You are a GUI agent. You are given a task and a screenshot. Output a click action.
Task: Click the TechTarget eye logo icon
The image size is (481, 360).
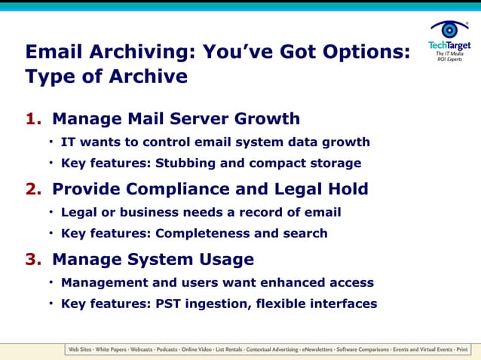(450, 29)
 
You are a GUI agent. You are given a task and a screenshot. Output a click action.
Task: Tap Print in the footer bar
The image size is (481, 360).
(461, 350)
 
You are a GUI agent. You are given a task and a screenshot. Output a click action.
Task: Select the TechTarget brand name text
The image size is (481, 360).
(449, 46)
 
